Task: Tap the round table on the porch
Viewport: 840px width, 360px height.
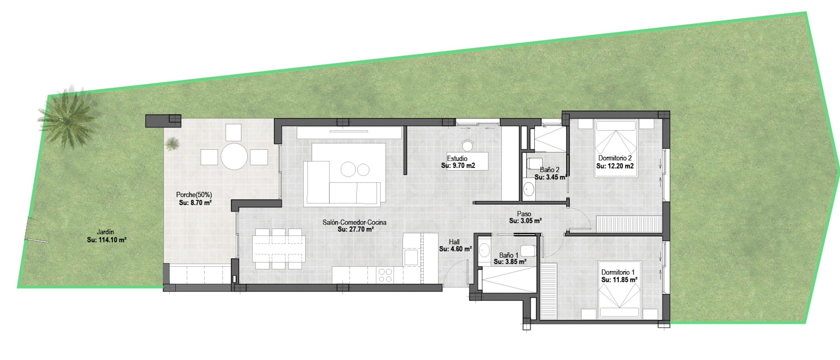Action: pos(234,156)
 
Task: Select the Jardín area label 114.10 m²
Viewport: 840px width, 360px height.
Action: pos(107,240)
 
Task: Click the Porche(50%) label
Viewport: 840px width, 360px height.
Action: pos(194,195)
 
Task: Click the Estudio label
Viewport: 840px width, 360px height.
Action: pos(457,159)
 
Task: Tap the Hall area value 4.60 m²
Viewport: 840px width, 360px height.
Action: pos(455,249)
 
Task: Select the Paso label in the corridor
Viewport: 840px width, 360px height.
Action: pos(524,214)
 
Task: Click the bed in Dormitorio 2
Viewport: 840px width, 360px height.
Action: pos(615,148)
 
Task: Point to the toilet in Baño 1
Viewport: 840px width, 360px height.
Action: pos(528,251)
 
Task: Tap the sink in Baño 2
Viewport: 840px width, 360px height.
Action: pos(528,189)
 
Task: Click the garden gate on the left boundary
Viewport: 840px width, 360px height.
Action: pos(36,230)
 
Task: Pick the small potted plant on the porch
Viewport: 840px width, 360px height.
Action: pos(172,144)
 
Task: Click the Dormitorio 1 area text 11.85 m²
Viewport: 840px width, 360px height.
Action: pos(619,280)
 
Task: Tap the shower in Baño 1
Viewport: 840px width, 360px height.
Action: pos(509,279)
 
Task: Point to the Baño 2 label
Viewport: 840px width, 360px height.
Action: pos(549,170)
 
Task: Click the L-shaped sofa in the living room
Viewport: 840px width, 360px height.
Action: pos(342,183)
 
